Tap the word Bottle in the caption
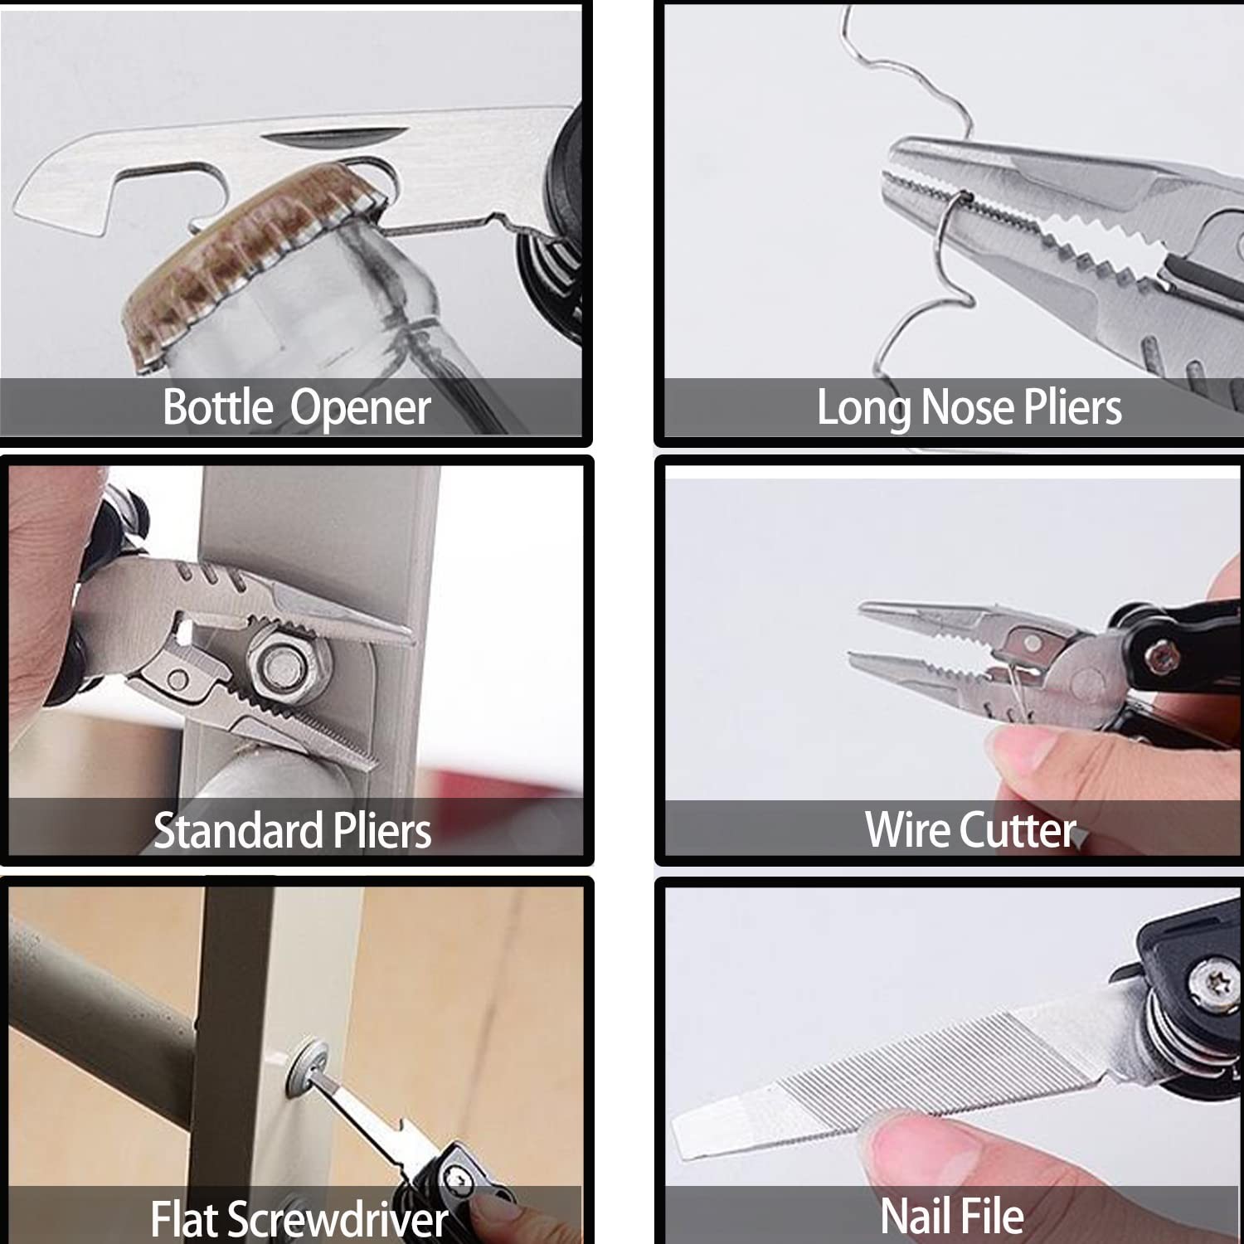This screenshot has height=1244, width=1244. (217, 407)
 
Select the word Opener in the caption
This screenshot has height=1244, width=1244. (360, 409)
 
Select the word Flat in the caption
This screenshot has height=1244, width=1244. (185, 1219)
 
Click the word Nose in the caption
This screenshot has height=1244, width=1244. (967, 408)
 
